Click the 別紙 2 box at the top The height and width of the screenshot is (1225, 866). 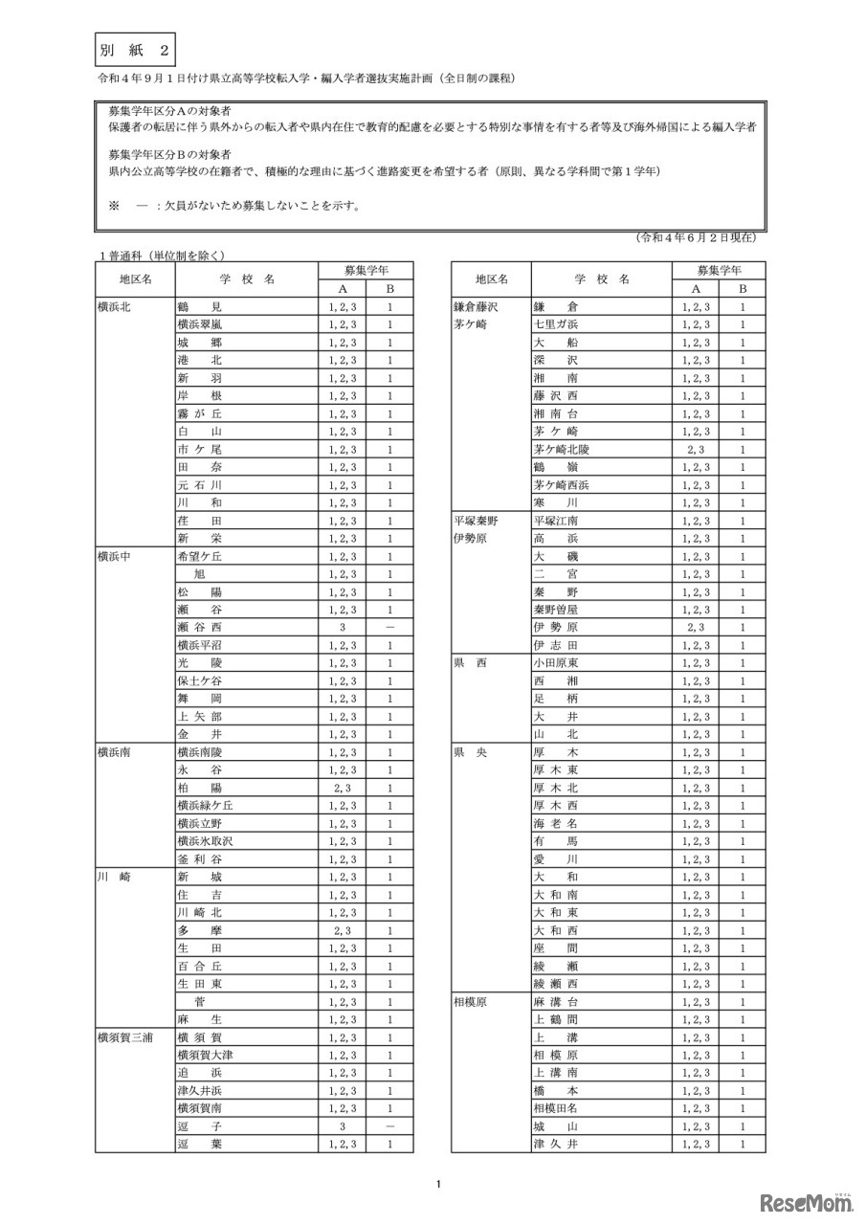click(x=134, y=48)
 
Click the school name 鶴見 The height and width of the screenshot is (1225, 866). click(x=199, y=307)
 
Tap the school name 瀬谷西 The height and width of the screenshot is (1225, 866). click(x=200, y=627)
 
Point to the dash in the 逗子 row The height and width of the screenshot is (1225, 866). click(x=390, y=1126)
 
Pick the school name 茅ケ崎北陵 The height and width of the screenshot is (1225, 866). click(x=562, y=449)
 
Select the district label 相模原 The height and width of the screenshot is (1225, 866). click(x=470, y=1001)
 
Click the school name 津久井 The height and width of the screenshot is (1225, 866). click(x=556, y=1144)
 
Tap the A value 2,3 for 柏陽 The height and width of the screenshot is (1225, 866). click(x=343, y=788)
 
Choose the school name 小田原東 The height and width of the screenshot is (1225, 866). click(x=556, y=662)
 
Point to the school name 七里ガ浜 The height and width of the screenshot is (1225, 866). click(x=556, y=324)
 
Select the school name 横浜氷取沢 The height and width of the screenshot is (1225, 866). click(x=205, y=841)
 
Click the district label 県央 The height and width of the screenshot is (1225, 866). click(x=470, y=752)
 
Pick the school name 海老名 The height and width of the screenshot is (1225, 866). click(x=556, y=823)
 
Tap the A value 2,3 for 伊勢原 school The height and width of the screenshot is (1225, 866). click(x=697, y=627)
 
